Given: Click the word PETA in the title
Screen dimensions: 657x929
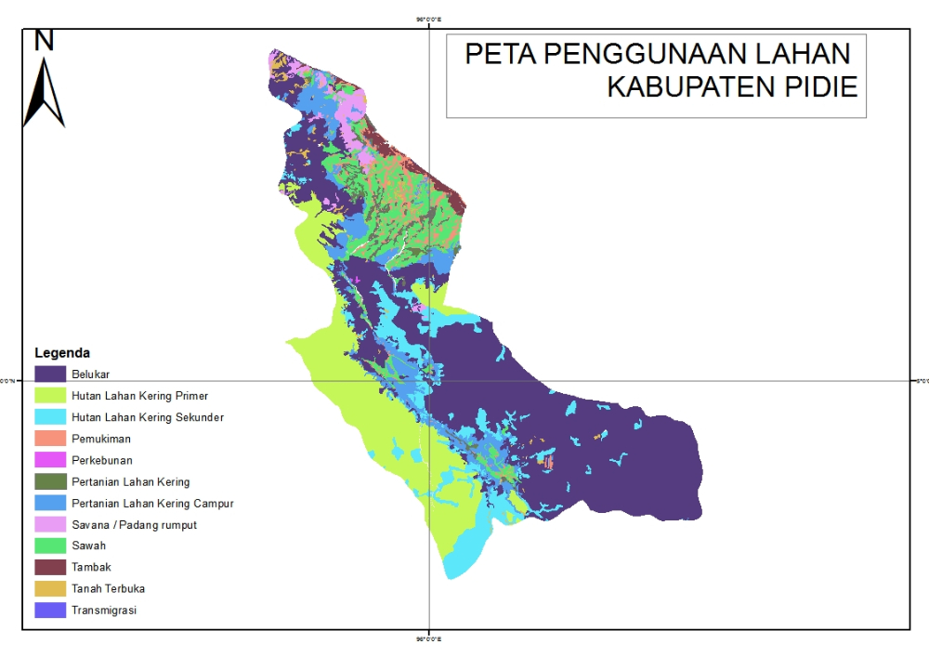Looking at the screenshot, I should tap(500, 54).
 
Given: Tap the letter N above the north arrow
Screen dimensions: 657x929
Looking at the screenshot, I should tap(44, 40).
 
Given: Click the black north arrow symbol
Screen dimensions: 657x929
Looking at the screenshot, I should tap(44, 93).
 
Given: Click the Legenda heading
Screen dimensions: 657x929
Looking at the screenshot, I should tap(62, 353).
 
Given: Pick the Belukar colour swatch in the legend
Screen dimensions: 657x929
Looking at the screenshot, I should tap(50, 374).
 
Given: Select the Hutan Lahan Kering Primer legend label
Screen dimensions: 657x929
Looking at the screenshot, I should tap(139, 396).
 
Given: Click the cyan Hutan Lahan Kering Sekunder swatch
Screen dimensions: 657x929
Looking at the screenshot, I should tap(50, 417).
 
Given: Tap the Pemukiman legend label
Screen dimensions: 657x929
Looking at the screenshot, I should tap(101, 439).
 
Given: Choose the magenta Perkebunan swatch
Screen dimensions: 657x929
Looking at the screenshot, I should tap(50, 460).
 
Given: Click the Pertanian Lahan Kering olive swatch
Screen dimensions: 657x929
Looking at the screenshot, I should tap(50, 481).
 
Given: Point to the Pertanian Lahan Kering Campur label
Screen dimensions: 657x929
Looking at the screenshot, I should tap(152, 504).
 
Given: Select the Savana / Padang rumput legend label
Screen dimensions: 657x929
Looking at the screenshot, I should tap(134, 525).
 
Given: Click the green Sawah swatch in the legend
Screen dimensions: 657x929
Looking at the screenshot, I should tap(50, 545).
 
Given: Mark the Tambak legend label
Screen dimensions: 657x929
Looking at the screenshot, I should tap(91, 567).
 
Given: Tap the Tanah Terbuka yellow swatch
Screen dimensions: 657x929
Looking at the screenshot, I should tap(50, 588).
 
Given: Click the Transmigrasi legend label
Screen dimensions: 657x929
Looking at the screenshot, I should tap(104, 611).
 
